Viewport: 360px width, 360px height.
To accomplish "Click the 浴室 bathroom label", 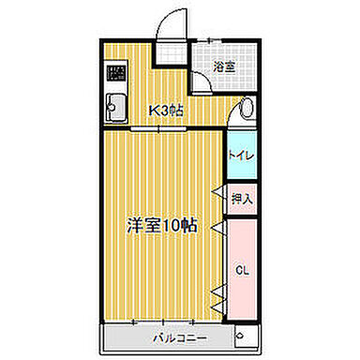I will [x=222, y=67].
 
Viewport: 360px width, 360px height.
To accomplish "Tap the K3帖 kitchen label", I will [x=167, y=110].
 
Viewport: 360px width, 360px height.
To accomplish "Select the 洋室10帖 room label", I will [x=162, y=225].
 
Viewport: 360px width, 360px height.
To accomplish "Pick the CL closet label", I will [x=241, y=271].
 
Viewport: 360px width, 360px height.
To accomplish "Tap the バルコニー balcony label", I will [x=175, y=335].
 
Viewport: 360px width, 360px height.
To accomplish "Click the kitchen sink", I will [x=116, y=107].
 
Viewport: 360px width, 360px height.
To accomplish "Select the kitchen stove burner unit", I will [x=116, y=74].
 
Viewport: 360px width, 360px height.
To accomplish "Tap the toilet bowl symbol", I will [x=246, y=110].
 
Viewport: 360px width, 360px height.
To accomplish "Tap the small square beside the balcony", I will [x=244, y=337].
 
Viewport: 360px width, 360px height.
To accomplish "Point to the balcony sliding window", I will [x=164, y=322].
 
